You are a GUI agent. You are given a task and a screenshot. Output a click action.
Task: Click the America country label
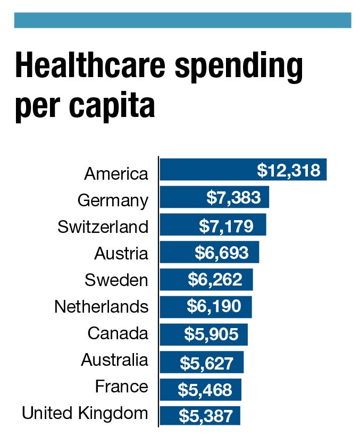pos(116,173)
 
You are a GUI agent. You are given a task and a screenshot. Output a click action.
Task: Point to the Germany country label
pos(113,200)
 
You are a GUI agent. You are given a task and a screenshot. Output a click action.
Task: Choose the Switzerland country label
pos(103,227)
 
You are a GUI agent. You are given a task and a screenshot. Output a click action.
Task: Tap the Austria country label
pos(121,254)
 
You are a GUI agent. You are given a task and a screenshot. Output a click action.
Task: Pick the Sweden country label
pos(116,280)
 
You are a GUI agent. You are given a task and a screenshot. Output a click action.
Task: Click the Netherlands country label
pos(101,307)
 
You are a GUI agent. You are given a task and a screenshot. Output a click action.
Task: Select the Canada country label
pos(118,333)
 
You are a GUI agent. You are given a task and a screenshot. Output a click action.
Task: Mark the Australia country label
pos(114,360)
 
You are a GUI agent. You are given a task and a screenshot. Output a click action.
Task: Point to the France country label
pos(121,386)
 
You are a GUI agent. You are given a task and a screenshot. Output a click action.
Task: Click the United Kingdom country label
pos(85,413)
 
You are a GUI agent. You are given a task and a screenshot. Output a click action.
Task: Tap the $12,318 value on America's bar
pos(289,171)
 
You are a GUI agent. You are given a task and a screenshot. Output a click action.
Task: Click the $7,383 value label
pos(234,198)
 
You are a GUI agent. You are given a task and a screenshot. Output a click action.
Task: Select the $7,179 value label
pos(225,225)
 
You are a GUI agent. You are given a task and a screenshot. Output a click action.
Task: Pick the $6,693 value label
pos(221,253)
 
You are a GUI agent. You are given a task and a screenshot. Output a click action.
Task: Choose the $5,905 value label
pos(211,334)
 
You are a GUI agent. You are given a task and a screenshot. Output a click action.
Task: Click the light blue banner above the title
pos(182,20)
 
